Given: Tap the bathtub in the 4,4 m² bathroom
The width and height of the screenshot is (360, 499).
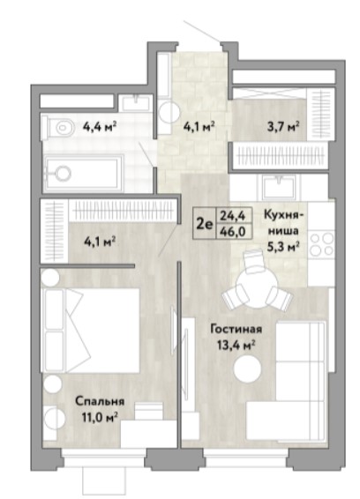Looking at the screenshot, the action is click(x=83, y=174).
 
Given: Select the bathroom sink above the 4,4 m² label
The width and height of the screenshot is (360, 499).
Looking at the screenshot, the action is click(x=136, y=102).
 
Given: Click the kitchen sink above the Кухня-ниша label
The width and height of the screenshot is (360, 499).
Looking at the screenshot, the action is click(x=280, y=187).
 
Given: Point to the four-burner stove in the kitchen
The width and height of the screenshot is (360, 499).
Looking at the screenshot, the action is click(x=321, y=244).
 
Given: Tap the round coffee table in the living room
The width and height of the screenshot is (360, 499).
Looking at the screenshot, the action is click(x=248, y=369).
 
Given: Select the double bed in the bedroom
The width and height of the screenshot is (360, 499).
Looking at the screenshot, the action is click(x=92, y=331).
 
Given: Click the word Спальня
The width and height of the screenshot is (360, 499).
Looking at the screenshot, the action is click(x=100, y=402).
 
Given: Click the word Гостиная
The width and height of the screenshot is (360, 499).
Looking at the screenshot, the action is click(x=236, y=330).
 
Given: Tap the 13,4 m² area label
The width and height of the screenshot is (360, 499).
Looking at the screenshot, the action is click(x=236, y=345).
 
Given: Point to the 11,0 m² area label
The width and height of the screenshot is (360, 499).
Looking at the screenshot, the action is click(x=100, y=417).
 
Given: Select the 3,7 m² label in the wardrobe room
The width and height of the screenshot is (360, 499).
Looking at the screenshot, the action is click(x=283, y=127).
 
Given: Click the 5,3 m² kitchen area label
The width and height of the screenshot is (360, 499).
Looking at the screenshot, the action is click(x=283, y=246).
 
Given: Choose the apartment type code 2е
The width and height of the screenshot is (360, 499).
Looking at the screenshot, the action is click(x=204, y=225).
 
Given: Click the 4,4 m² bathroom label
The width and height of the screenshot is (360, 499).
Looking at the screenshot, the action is click(x=99, y=128).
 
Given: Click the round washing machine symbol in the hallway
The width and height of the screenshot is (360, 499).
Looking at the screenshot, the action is click(x=169, y=114).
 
